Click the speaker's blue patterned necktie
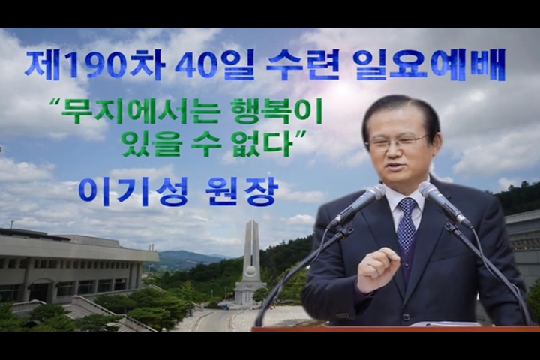(x=407, y=224)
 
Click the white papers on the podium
(x=443, y=323)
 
